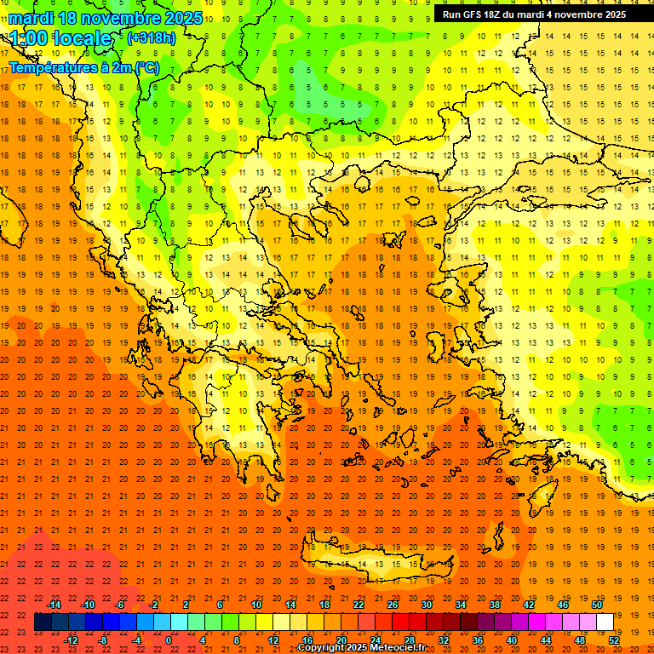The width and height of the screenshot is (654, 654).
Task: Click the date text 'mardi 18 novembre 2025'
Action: coord(106,18)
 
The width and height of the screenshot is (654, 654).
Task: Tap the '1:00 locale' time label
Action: coord(61,38)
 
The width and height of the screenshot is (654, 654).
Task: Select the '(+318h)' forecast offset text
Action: coord(151,37)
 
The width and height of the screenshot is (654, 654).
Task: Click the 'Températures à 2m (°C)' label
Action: coord(83,66)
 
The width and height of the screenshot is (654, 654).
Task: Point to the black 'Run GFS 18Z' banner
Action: coord(534,14)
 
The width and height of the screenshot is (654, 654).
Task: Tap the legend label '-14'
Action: coord(54,605)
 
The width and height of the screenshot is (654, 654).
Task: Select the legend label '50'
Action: coord(596,605)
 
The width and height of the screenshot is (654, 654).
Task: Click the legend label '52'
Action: coord(613,640)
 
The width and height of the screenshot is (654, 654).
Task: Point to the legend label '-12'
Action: coord(72,640)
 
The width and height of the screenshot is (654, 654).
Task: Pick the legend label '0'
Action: coord(169,640)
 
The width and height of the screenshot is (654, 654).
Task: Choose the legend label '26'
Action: coord(393,605)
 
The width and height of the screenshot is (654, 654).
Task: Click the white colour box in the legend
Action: coord(605,622)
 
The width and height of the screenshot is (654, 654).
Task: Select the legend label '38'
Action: coord(494,605)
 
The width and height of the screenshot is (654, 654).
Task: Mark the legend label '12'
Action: coord(273,640)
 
